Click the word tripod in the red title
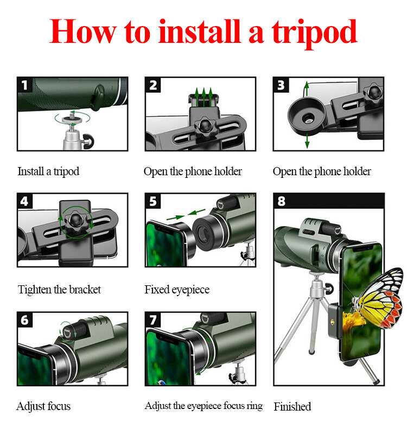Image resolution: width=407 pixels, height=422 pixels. [314, 34]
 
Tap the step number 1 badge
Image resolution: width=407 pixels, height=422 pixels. [24, 85]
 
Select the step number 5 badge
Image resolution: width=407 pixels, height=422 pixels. [153, 201]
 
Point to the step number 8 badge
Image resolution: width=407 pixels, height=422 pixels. [281, 201]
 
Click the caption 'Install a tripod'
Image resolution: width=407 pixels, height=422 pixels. [48, 171]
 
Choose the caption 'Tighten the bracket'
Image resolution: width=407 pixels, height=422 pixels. [59, 290]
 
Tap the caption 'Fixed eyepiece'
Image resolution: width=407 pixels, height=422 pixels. [177, 290]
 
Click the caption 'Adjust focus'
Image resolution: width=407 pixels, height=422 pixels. [43, 406]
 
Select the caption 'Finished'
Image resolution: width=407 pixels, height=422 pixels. [292, 406]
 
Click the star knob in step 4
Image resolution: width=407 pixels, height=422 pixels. [75, 222]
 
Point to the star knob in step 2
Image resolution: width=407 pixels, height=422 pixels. [205, 127]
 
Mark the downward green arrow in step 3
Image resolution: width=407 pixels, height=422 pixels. [307, 141]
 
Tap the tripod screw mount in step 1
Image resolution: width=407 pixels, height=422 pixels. [72, 119]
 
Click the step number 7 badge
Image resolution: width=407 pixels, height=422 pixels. [153, 320]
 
